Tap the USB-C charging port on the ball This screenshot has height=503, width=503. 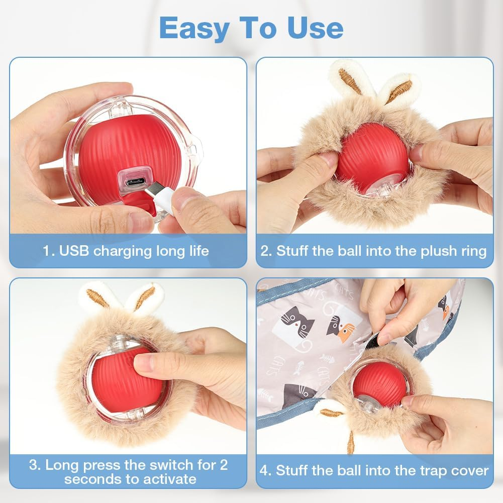[134, 181]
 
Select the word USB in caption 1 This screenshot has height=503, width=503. [76, 251]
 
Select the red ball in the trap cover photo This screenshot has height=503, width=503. [379, 384]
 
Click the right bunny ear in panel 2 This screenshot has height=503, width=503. [400, 90]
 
